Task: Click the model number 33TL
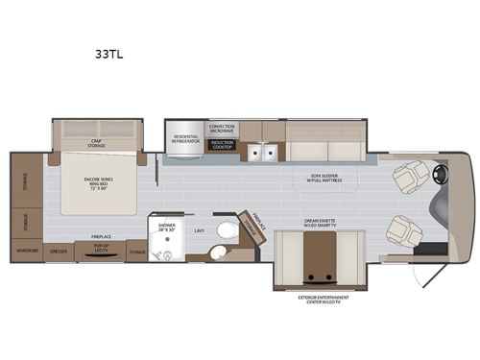(x=109, y=56)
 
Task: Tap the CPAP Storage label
(x=97, y=145)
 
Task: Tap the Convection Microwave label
(x=222, y=128)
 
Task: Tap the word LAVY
(x=200, y=230)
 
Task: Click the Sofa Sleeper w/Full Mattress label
(x=327, y=178)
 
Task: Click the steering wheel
(x=443, y=176)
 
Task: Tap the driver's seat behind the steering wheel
(x=411, y=177)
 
